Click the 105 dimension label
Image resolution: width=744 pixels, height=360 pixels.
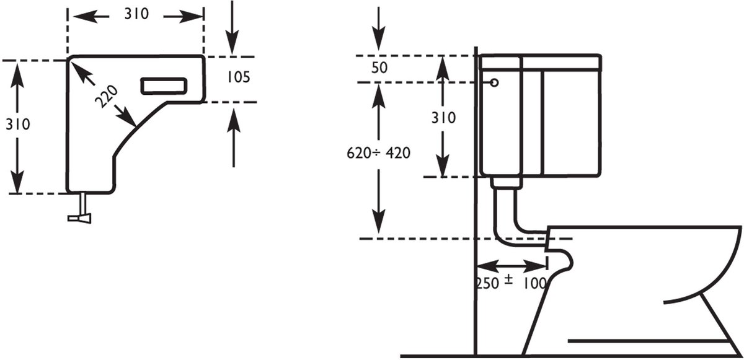[239, 77]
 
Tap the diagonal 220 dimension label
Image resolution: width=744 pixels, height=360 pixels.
[106, 97]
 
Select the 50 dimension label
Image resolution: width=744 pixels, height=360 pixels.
[379, 68]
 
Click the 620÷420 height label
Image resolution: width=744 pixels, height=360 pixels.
[378, 153]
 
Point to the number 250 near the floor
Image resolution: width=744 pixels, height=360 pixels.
[487, 283]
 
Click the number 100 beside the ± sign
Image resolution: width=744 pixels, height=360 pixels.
[534, 283]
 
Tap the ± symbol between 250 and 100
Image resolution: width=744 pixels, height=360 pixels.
[508, 280]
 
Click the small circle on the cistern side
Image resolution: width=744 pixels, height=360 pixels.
[494, 82]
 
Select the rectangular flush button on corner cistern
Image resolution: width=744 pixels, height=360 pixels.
[164, 86]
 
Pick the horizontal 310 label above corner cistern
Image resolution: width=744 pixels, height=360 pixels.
[136, 14]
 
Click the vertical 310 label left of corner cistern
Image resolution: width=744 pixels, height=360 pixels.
[18, 124]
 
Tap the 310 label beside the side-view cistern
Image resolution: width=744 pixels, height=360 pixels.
[443, 118]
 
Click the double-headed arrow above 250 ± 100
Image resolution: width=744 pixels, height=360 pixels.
[512, 266]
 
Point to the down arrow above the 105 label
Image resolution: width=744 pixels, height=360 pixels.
[232, 27]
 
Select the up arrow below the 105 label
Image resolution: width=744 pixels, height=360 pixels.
[234, 138]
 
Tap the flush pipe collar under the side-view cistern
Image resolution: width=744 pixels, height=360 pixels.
[506, 183]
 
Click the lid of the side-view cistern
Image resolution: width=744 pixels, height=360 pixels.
[541, 62]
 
